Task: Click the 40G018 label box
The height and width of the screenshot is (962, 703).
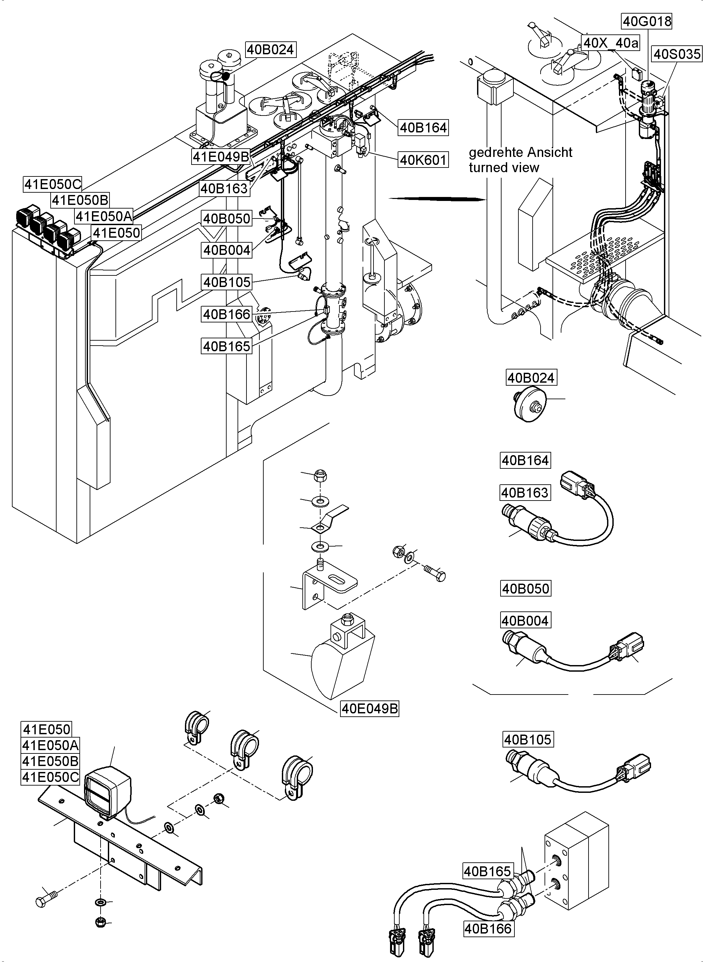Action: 647,21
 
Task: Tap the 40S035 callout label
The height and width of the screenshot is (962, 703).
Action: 677,54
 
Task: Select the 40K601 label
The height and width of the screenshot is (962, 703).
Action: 423,160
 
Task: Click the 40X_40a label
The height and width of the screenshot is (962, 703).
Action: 611,43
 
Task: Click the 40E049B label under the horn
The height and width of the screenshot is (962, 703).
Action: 370,709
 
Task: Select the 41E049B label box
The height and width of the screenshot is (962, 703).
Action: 221,157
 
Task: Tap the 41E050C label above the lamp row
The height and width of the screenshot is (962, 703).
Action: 52,184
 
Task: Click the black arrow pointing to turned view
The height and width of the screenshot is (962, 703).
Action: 438,198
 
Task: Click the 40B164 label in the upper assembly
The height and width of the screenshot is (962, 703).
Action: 423,127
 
